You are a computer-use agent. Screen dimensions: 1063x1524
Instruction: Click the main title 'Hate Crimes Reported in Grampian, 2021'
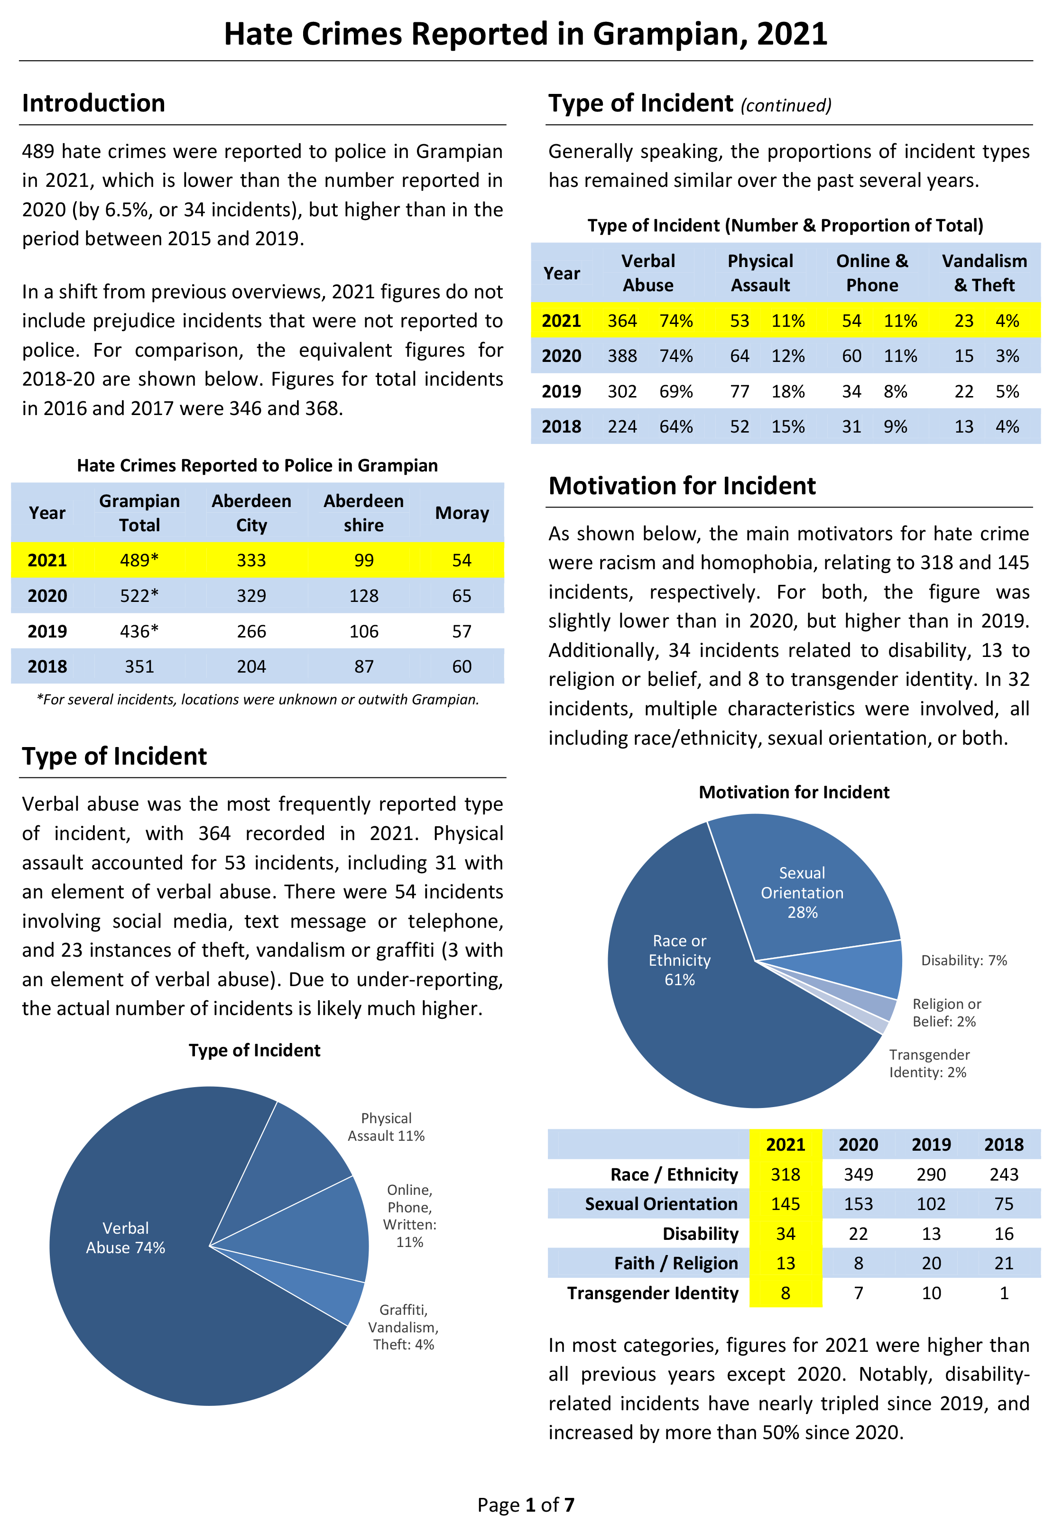pos(525,34)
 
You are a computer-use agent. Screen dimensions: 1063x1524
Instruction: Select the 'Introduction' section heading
pos(93,103)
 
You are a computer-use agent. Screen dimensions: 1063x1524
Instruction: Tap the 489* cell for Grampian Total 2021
pos(139,560)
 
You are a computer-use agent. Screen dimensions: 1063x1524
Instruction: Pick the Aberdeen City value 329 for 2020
pos(252,595)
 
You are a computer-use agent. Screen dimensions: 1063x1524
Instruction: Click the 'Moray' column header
pos(462,513)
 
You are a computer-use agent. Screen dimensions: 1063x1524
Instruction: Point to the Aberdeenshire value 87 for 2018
pos(364,666)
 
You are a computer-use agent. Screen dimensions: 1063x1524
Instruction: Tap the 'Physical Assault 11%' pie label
pos(387,1127)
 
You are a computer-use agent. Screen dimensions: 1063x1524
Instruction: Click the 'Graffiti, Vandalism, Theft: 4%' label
pos(404,1327)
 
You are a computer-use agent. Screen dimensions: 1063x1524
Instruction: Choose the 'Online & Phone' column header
pos(872,273)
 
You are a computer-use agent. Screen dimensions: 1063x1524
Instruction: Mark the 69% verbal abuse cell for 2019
pos(676,392)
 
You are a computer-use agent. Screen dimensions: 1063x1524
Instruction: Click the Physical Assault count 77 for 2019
pos(739,392)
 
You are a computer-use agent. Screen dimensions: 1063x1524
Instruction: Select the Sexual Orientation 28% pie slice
pos(817,883)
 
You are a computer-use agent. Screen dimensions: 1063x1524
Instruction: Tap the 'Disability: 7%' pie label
pos(964,961)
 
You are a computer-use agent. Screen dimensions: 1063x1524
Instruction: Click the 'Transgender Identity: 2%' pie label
pos(930,1063)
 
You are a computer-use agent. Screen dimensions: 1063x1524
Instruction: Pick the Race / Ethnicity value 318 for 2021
pos(786,1174)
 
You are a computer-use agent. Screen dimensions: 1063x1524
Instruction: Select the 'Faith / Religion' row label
pos(676,1263)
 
